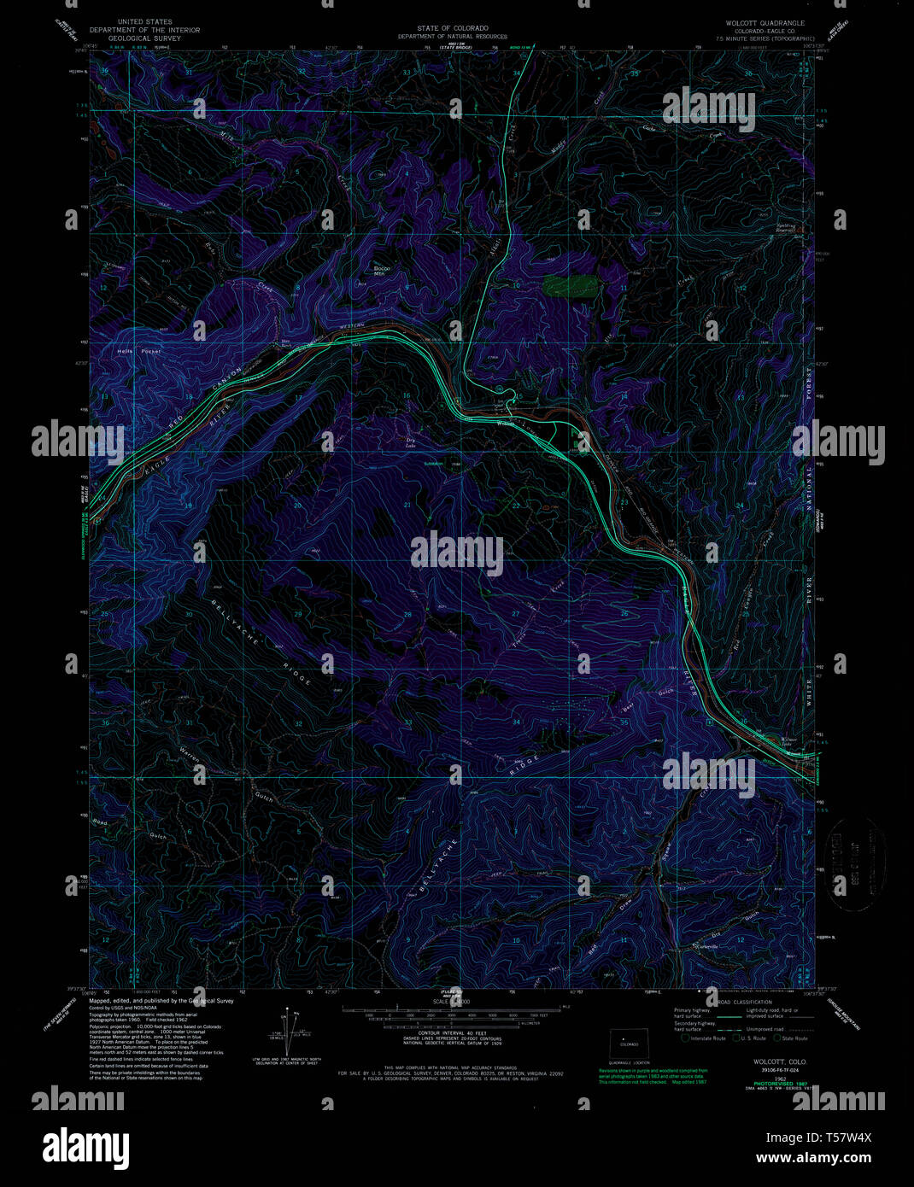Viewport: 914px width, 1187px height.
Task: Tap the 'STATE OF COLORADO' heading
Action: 450,28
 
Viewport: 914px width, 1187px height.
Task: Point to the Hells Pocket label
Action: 138,351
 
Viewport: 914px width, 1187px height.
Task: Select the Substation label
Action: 434,464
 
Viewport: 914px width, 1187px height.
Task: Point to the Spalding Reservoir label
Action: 785,228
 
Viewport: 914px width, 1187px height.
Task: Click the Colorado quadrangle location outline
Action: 629,1044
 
